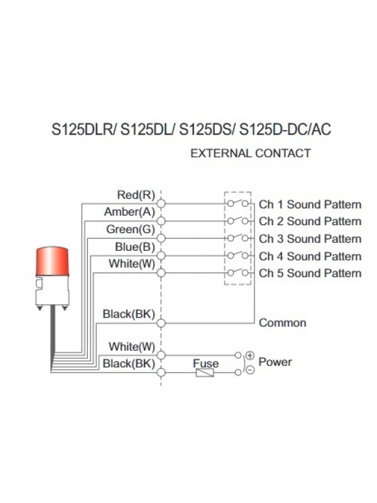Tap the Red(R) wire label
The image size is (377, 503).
pyautogui.click(x=136, y=195)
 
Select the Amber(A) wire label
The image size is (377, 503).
pyautogui.click(x=129, y=212)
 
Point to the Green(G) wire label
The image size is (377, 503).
pyautogui.click(x=130, y=229)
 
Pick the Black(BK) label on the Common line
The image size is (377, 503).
pyautogui.click(x=128, y=314)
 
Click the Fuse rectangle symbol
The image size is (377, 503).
pyautogui.click(x=205, y=373)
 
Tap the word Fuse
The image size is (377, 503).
pyautogui.click(x=205, y=363)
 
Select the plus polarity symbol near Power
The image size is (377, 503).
pyautogui.click(x=249, y=356)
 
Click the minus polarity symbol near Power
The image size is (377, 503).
pyautogui.click(x=249, y=370)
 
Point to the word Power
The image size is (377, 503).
pyautogui.click(x=275, y=362)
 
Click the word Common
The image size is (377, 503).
pyautogui.click(x=283, y=323)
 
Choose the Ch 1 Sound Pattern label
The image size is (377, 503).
pyautogui.click(x=310, y=204)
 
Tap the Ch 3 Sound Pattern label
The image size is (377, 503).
pyautogui.click(x=310, y=239)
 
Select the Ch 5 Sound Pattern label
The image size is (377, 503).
pyautogui.click(x=310, y=274)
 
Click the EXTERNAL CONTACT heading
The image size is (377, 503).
pyautogui.click(x=250, y=153)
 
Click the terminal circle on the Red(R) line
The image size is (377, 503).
pyautogui.click(x=161, y=204)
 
